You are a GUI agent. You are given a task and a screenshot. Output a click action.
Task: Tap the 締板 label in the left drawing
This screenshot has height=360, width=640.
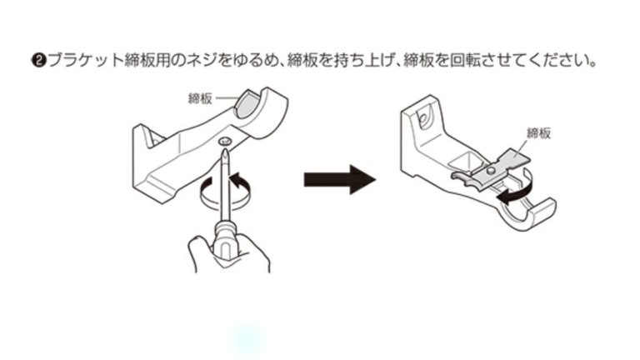(x=201, y=97)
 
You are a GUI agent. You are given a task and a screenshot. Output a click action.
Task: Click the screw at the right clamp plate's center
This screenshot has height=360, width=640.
(x=492, y=170)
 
